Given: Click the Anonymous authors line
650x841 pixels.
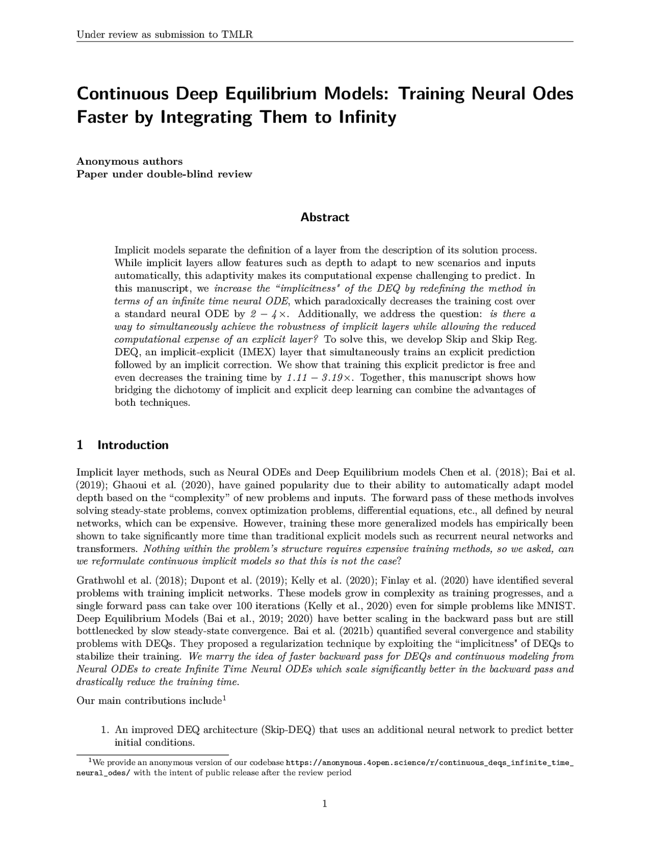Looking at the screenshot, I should [129, 162].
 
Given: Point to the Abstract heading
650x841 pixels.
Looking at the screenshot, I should [324, 217].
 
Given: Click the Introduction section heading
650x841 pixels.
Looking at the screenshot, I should [132, 445].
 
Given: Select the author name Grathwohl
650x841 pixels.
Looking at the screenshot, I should [101, 581].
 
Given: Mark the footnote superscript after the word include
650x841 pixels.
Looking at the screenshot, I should [224, 698].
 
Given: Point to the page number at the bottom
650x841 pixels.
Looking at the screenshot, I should [324, 804].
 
